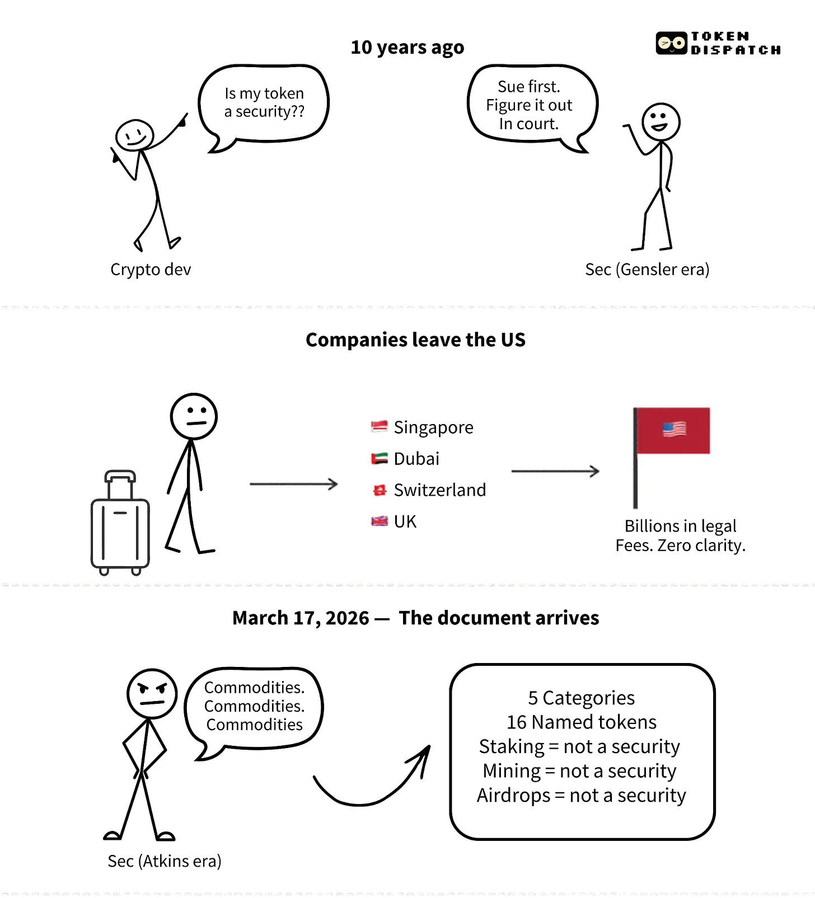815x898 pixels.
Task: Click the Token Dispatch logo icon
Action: (671, 43)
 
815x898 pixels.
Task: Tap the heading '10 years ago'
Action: (407, 48)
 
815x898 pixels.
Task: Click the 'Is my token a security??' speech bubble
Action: (264, 103)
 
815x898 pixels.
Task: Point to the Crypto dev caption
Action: (151, 270)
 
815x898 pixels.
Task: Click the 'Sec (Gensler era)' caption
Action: (647, 270)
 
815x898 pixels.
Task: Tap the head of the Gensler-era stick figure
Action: (661, 121)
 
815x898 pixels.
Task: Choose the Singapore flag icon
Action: (379, 427)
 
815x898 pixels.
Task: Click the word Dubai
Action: (416, 459)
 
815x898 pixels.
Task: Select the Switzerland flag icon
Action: (380, 491)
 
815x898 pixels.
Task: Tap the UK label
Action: (405, 521)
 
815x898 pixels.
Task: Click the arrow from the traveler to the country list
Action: (293, 483)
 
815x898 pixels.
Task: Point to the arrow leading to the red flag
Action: (555, 471)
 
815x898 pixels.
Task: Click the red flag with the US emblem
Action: (673, 430)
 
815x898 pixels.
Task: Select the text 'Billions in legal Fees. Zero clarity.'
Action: (680, 535)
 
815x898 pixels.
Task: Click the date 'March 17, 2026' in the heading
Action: (301, 618)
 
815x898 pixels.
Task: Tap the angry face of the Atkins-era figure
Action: (152, 694)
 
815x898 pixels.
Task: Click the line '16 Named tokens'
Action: (582, 722)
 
